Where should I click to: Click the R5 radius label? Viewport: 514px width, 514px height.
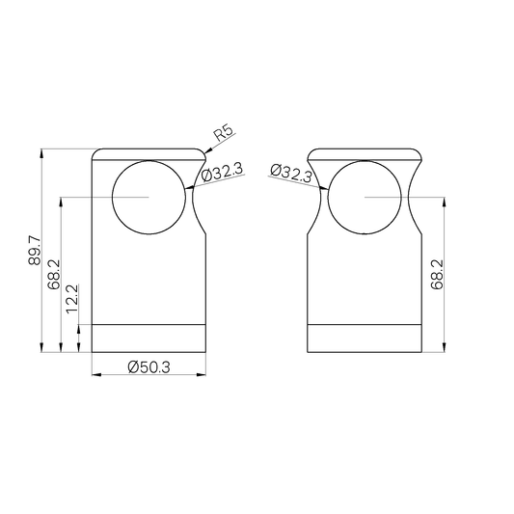pos(224,134)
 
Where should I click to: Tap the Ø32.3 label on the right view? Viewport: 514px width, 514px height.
pos(291,173)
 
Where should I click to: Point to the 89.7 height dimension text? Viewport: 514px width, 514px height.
pos(35,250)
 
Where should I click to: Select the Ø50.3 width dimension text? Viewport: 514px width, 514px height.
pos(149,366)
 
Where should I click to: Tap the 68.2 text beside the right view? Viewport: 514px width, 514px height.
pos(437,274)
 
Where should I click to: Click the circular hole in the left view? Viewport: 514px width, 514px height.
pos(149,198)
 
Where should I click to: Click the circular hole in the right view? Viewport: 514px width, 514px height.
pos(365,198)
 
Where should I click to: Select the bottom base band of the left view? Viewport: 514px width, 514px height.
pos(149,338)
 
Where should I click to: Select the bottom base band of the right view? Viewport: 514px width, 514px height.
pos(365,338)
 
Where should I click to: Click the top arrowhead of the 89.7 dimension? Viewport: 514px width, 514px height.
pos(41,153)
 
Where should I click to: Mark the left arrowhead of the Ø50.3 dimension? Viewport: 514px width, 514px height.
pos(95,375)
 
